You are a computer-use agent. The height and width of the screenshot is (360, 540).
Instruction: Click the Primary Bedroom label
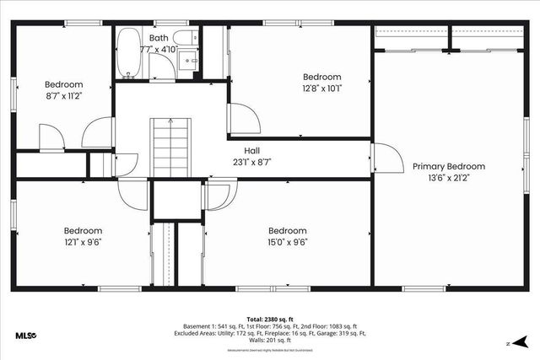(449, 166)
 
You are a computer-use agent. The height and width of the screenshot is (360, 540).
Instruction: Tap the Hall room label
(252, 150)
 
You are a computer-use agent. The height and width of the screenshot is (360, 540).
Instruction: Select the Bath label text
(159, 38)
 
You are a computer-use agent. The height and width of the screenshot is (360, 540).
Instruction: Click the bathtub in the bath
(129, 53)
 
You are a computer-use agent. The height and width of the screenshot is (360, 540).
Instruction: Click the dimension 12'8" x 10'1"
(322, 88)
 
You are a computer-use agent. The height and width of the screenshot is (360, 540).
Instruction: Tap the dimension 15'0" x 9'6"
(287, 242)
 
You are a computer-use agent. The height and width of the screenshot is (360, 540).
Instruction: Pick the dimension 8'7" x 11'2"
(63, 96)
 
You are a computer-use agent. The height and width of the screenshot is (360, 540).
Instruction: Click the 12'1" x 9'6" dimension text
(83, 242)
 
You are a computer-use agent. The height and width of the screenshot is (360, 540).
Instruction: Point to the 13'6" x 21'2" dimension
(449, 178)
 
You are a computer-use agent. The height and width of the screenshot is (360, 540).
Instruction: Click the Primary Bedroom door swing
(384, 158)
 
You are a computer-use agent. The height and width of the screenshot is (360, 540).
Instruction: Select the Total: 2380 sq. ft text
(270, 319)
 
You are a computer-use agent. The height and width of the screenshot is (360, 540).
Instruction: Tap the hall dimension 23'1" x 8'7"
(252, 162)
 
